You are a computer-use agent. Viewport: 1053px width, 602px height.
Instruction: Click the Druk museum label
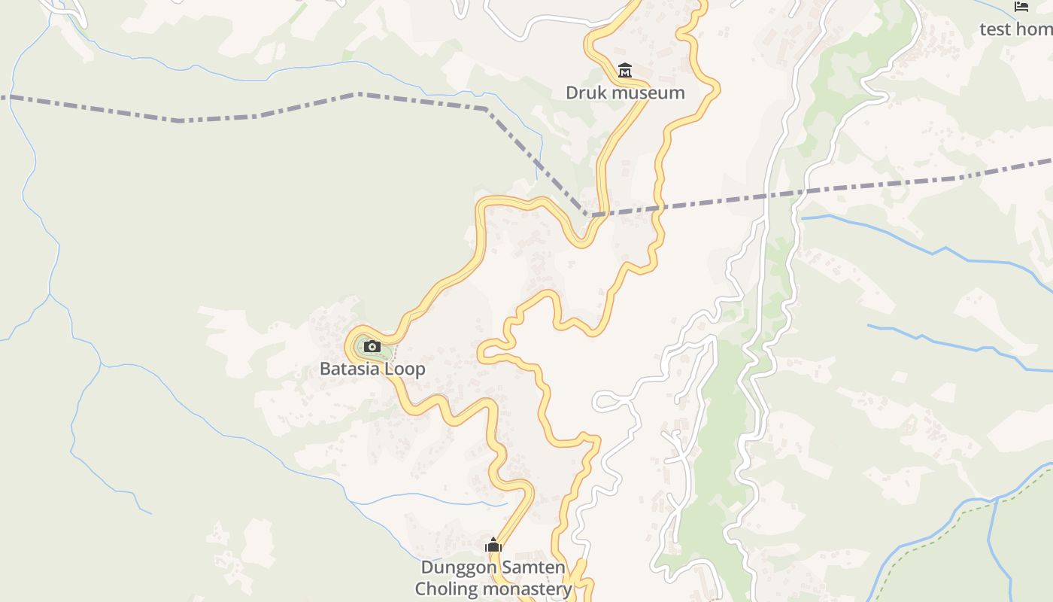[x=625, y=93]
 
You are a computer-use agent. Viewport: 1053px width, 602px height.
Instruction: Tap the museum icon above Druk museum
[x=624, y=71]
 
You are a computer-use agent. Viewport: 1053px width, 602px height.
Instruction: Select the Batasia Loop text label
[x=372, y=369]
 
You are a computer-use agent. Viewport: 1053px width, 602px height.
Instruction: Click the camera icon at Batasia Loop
[x=372, y=347]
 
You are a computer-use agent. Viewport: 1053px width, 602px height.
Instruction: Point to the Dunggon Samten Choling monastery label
[x=493, y=578]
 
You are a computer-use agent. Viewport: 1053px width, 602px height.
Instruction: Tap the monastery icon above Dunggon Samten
[x=493, y=546]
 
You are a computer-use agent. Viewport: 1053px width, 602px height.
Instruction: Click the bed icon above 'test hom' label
[x=1021, y=7]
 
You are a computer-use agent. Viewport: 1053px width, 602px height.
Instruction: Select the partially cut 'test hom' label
[x=1015, y=29]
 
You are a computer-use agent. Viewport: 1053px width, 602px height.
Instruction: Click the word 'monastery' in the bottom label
[x=526, y=588]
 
